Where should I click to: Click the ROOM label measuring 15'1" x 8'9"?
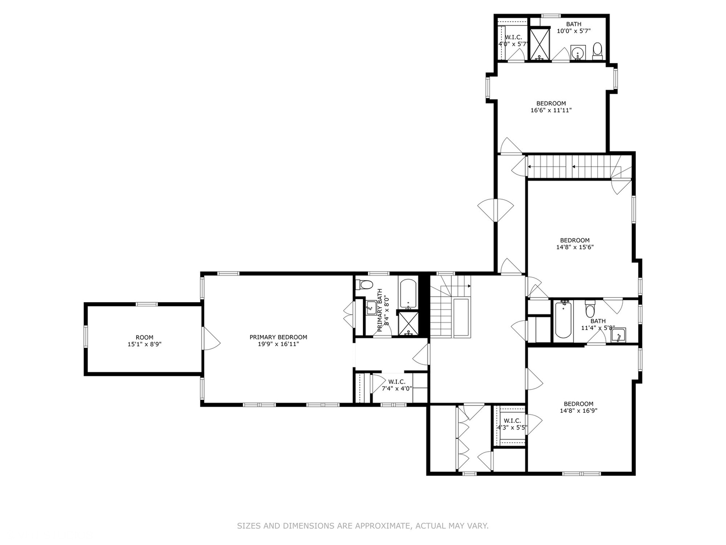[144, 338]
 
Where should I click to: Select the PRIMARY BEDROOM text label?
[278, 338]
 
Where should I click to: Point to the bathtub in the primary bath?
[407, 294]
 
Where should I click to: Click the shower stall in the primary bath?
[407, 323]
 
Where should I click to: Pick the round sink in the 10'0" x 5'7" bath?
[578, 51]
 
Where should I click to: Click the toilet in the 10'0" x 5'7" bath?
[597, 50]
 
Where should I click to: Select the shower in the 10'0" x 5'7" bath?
[539, 44]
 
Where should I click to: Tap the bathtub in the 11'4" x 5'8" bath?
[563, 319]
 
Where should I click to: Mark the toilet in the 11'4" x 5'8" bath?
[590, 307]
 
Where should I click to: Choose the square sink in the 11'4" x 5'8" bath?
[618, 335]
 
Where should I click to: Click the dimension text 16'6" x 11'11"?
[551, 110]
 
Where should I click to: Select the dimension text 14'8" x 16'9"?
[578, 411]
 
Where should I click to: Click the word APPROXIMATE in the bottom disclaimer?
[382, 526]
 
